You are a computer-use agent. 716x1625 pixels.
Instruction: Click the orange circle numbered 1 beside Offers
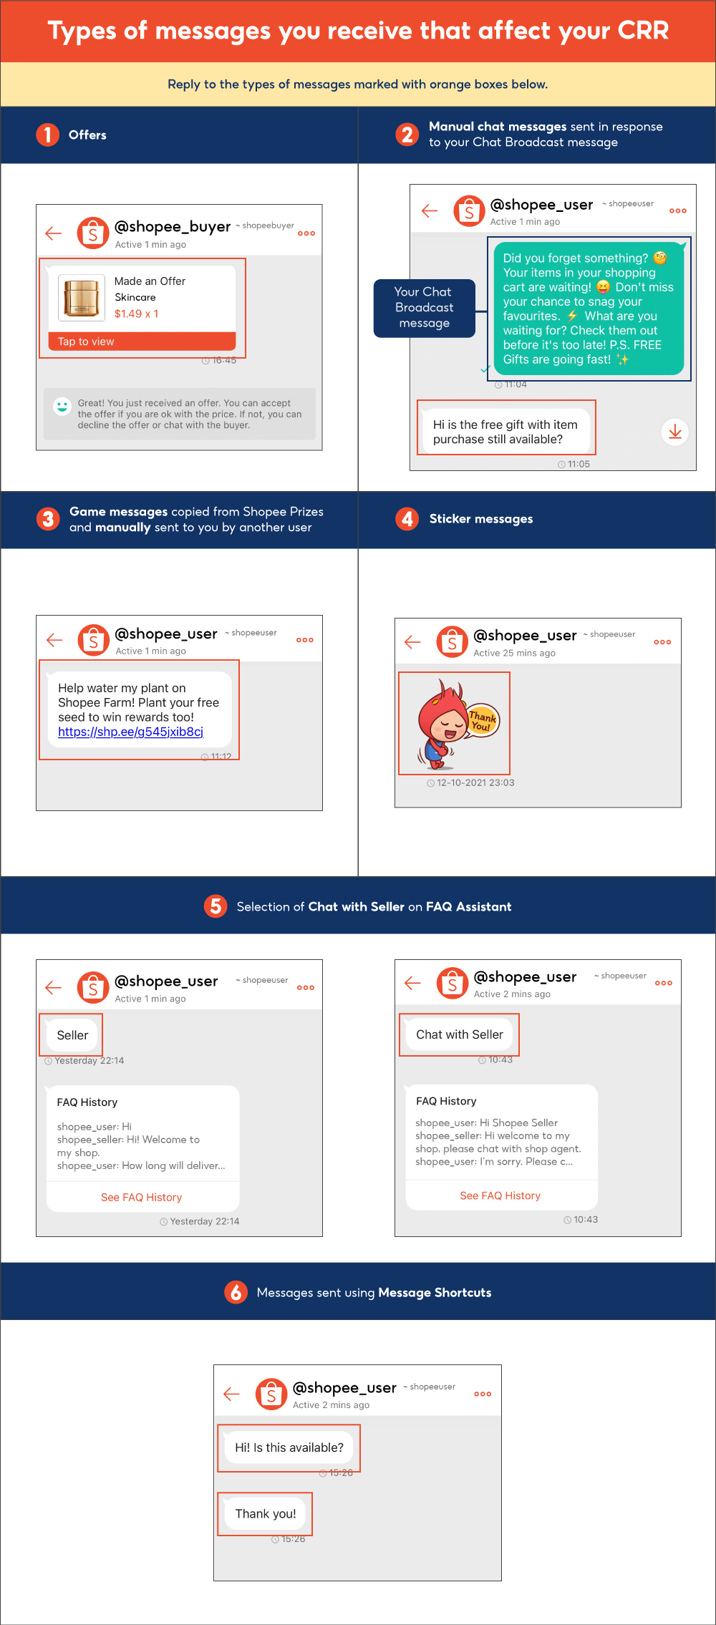coord(48,135)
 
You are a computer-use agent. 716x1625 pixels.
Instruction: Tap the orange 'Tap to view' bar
coord(142,341)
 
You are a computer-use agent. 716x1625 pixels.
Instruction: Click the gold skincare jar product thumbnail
coord(82,298)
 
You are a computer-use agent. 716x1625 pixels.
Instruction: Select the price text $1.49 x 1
coord(137,314)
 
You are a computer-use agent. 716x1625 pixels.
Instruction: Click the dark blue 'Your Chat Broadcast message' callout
coord(425,308)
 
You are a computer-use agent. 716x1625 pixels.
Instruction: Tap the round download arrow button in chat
coord(674,432)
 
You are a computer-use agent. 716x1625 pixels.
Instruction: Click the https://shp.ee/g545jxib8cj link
coord(131,732)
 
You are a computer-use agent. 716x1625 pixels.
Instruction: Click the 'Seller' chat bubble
coord(72,1035)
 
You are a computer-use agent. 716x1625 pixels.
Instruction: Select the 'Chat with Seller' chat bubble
coord(460,1034)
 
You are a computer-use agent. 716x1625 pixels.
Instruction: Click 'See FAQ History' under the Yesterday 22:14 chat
coord(141,1197)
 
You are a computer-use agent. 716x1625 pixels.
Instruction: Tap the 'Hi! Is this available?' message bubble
coord(289,1447)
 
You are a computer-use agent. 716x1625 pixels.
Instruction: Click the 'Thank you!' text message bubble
coord(266,1513)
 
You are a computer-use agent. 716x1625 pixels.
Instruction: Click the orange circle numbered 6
coord(236,1292)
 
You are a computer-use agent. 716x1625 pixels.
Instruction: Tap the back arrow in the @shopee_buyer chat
coord(54,233)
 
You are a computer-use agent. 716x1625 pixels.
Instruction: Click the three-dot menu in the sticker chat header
coord(662,642)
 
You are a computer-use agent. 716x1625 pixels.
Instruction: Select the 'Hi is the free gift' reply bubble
coord(505,432)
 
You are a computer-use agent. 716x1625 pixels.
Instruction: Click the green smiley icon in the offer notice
coord(62,407)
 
